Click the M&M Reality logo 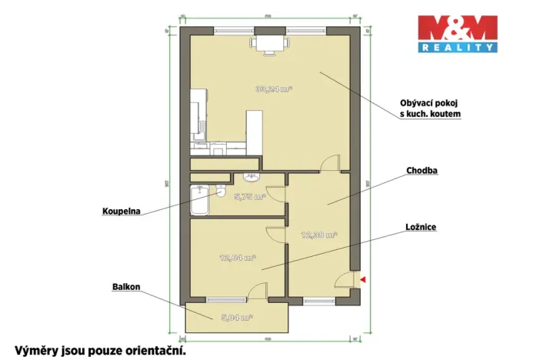(456, 34)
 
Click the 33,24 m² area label (274, 88)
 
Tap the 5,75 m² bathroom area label (249, 197)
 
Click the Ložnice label (422, 228)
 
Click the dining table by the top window (268, 43)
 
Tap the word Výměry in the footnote (32, 351)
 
